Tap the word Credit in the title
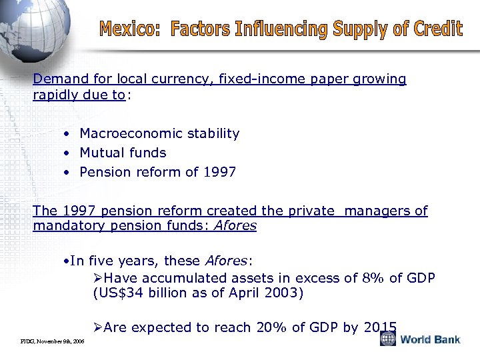(x=435, y=29)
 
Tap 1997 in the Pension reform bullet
(x=219, y=172)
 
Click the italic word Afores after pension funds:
(x=236, y=225)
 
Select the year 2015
(x=381, y=327)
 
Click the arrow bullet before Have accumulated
(x=98, y=277)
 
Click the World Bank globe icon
(x=388, y=339)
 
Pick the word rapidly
(x=58, y=95)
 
